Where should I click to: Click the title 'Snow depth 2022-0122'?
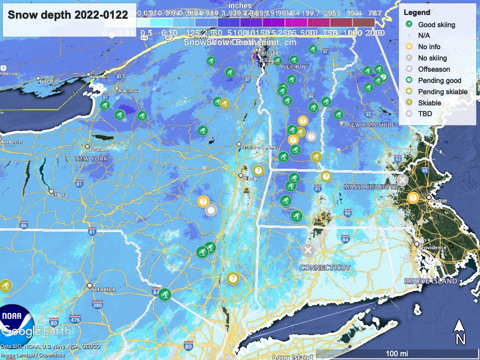point(67,15)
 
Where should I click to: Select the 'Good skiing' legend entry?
point(436,24)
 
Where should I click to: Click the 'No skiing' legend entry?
point(432,58)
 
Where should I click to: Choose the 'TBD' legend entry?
point(425,113)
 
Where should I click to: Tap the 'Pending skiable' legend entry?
point(442,91)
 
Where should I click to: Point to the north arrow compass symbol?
point(460,332)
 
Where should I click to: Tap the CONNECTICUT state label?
point(325,267)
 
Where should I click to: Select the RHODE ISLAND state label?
point(430,281)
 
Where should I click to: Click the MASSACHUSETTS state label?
point(370,187)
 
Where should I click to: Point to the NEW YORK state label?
point(92,159)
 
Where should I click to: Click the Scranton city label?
point(104,289)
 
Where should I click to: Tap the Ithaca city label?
point(60,195)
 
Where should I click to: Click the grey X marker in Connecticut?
point(307,249)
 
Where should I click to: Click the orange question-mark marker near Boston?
point(412,197)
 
